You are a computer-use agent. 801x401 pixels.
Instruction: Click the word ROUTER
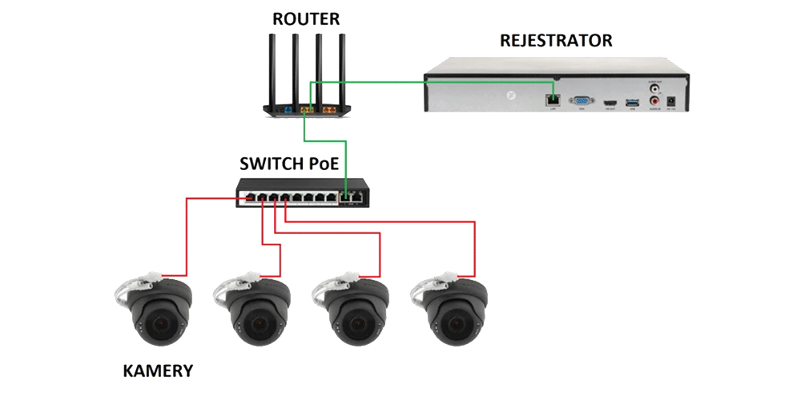click(306, 18)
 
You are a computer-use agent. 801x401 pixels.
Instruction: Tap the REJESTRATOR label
click(556, 39)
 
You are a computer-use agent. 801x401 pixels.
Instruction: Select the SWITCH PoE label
click(289, 164)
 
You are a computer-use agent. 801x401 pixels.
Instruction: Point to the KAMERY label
click(159, 371)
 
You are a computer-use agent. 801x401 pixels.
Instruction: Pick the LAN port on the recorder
click(552, 99)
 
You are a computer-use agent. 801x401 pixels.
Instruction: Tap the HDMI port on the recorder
click(610, 103)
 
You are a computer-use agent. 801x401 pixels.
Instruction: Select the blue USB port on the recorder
click(630, 102)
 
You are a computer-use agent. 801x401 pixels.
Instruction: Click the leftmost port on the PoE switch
click(249, 196)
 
